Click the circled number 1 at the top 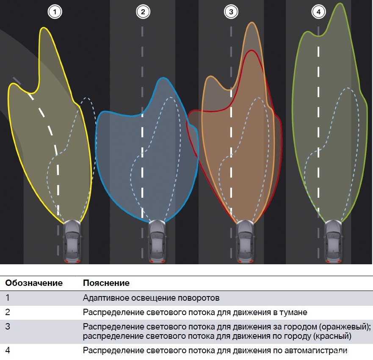(x=55, y=12)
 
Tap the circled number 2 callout (x=143, y=12)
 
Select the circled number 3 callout (x=231, y=12)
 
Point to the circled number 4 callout (x=318, y=12)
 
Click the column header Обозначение (x=34, y=283)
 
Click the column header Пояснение (x=106, y=283)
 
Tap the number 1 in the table (x=7, y=298)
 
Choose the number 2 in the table (x=8, y=313)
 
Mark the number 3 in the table (x=8, y=327)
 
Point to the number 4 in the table (x=8, y=350)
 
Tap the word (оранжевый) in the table (x=346, y=327)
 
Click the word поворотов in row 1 (x=199, y=298)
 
